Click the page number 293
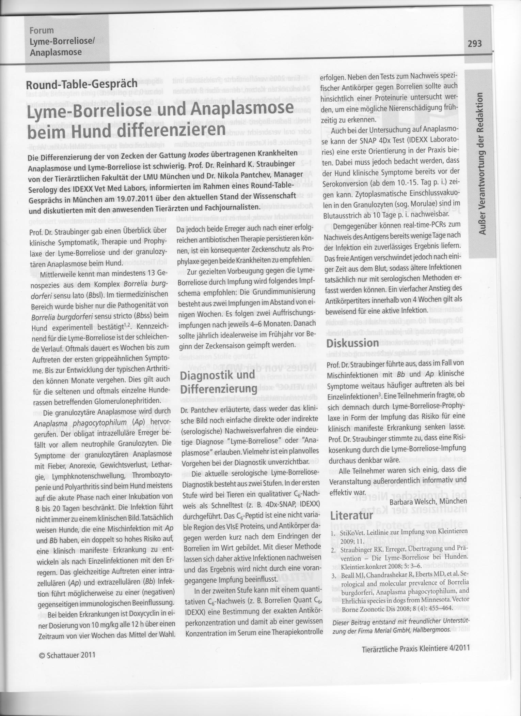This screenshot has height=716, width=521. [x=475, y=43]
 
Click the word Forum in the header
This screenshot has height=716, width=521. [x=42, y=30]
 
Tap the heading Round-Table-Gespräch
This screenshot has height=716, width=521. [x=82, y=83]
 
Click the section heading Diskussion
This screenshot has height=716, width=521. [x=352, y=343]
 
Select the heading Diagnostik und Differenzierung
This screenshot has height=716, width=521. [x=218, y=382]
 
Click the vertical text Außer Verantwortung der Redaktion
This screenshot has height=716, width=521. [x=482, y=163]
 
